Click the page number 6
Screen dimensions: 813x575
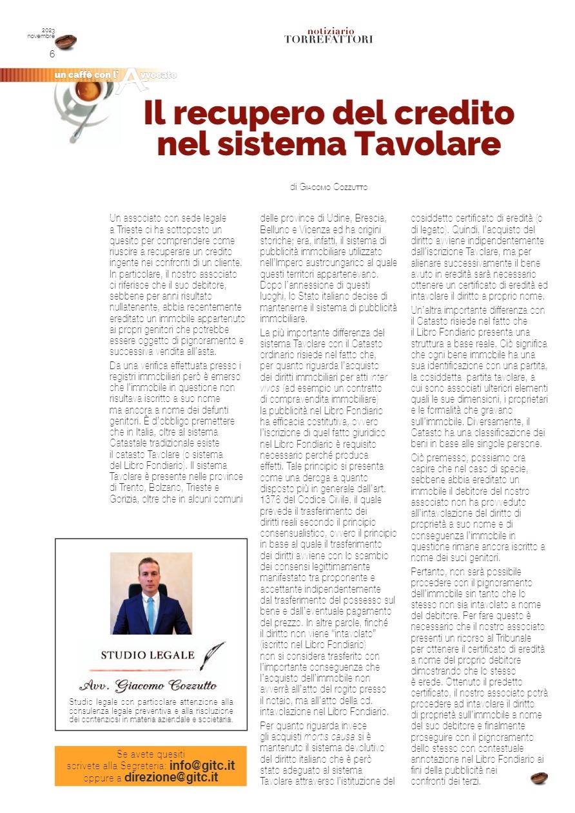pos(52,53)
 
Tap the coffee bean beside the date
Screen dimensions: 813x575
pos(65,43)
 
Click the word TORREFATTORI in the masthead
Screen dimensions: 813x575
pos(328,39)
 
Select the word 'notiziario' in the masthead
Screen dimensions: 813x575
pos(331,30)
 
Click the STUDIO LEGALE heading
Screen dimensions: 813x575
pos(148,655)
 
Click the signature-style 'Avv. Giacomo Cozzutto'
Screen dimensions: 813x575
pos(148,685)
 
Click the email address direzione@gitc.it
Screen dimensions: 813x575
pos(171,777)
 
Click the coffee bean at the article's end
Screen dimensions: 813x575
pos(539,778)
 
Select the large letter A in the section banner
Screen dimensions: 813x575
pos(131,78)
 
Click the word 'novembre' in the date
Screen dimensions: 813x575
pos(41,36)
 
